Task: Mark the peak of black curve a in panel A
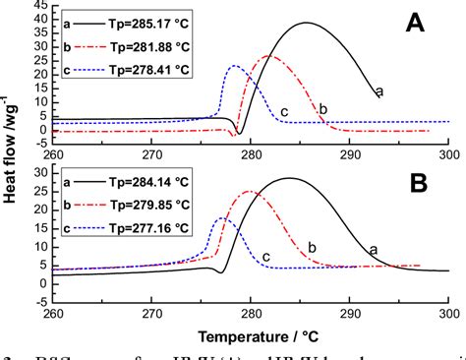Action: pyautogui.click(x=307, y=24)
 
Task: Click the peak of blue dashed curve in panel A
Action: pyautogui.click(x=234, y=66)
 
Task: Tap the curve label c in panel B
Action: pyautogui.click(x=265, y=257)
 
